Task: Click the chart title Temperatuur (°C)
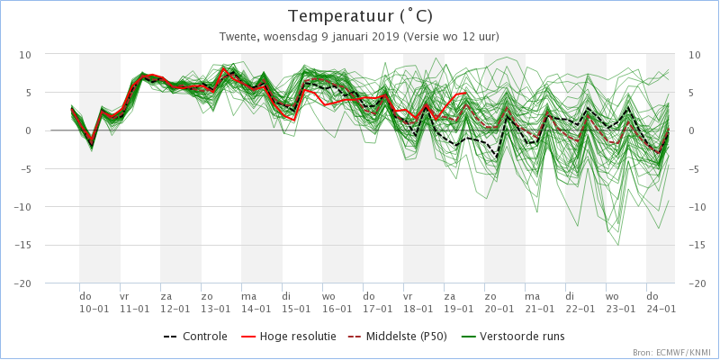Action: click(x=360, y=16)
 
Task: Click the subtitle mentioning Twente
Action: click(x=359, y=37)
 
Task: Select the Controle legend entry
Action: click(x=195, y=337)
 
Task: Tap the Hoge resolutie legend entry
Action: click(x=288, y=337)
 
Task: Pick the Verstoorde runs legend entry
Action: click(x=514, y=337)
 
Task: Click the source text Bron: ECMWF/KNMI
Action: click(x=673, y=353)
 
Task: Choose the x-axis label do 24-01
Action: click(x=661, y=302)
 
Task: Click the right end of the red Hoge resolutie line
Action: click(x=466, y=93)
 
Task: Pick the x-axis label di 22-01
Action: click(x=580, y=302)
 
